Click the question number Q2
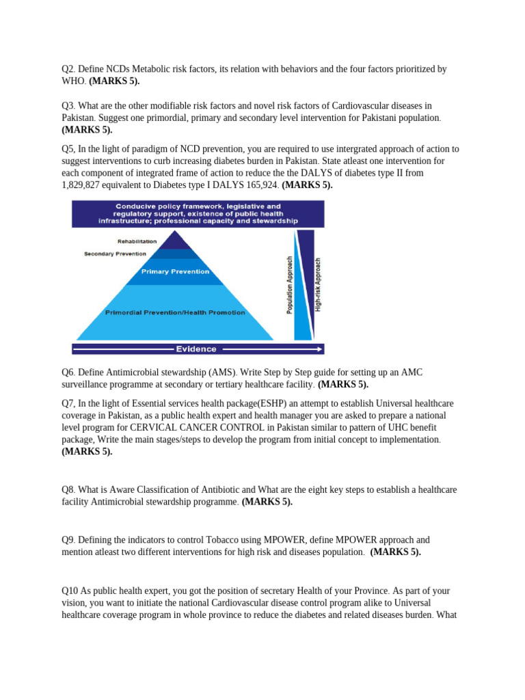(68, 69)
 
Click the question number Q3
(68, 106)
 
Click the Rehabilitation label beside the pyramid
(137, 241)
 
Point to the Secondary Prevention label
(115, 254)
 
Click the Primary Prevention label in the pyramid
(175, 271)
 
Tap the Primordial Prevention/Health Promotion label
(175, 312)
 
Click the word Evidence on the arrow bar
(196, 349)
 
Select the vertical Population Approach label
(290, 286)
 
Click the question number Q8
(68, 490)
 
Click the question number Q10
(70, 591)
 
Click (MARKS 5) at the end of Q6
(343, 384)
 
